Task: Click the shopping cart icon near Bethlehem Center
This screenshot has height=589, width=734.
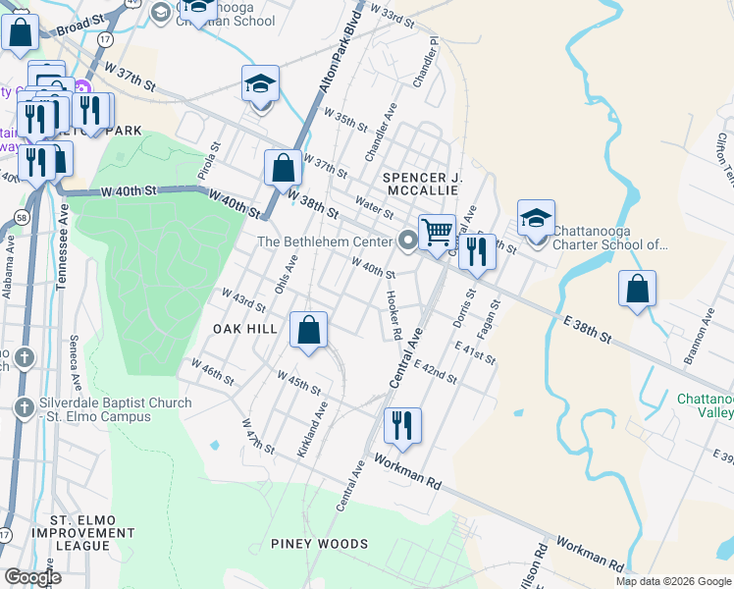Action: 437,233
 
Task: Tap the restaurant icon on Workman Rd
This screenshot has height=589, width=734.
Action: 402,425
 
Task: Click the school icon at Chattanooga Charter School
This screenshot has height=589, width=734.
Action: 536,218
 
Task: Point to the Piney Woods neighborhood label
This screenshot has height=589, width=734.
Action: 320,544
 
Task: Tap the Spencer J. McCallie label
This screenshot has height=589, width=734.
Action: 422,183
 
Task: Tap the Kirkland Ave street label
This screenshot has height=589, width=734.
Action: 313,428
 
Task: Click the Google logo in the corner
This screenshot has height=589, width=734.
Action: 32,577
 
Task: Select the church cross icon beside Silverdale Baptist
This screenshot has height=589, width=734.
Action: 25,406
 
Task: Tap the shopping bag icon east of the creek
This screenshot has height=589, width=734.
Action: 637,289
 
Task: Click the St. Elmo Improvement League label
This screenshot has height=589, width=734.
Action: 82,532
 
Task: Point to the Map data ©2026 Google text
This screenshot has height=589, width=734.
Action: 672,581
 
